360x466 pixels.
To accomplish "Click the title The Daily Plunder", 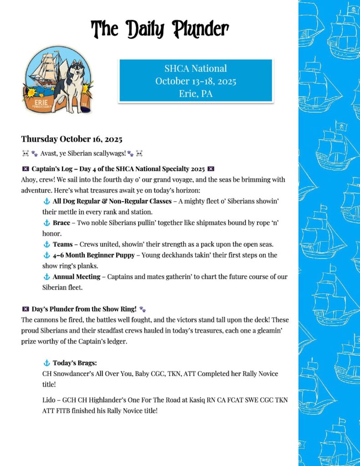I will coord(160,29).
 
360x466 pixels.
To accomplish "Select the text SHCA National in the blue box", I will coord(195,69).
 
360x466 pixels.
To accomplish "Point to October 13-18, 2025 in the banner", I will coord(195,81).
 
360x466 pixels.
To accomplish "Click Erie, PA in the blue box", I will coord(195,94).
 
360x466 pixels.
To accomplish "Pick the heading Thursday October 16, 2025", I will coord(71,139).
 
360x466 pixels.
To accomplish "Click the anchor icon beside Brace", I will coord(46,223).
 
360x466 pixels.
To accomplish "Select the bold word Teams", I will coord(62,244).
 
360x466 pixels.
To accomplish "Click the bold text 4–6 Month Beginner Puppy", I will coord(93,255).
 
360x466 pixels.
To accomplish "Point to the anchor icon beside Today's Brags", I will coord(46,363).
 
